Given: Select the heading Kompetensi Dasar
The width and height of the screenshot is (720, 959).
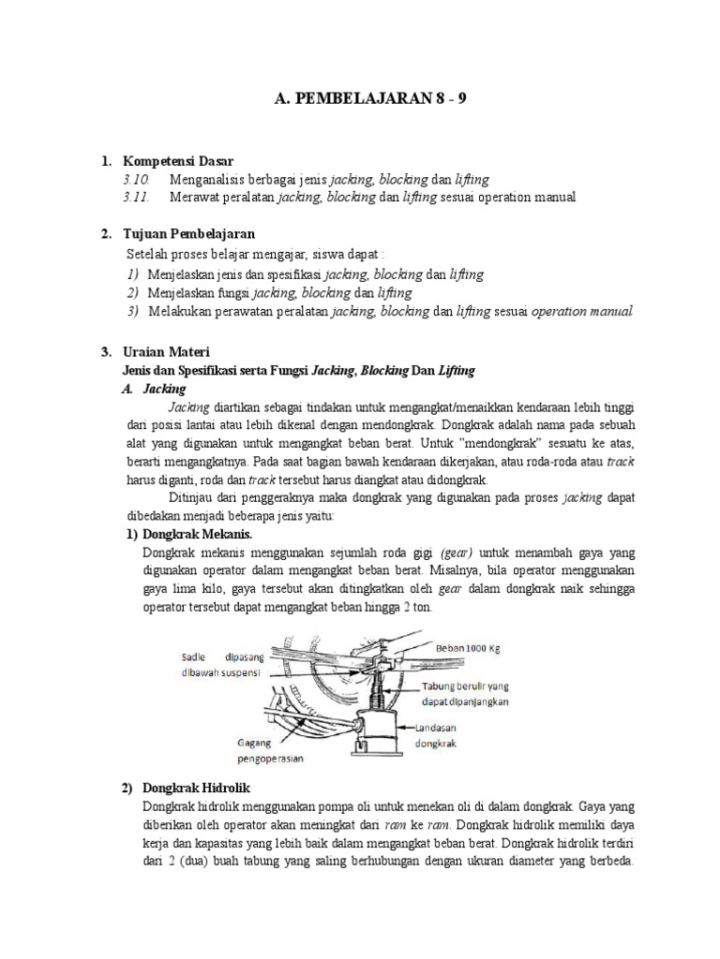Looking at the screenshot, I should click(178, 161).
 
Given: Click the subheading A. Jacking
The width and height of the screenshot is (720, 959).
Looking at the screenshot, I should click(157, 388).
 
